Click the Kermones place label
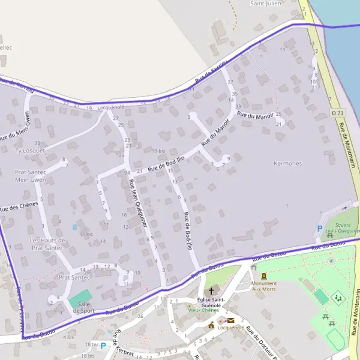tap(287, 163)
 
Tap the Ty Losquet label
tap(29, 151)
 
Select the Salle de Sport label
tap(84, 307)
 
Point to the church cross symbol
tap(211, 290)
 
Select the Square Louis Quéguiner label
tap(342, 227)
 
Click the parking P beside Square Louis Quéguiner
tap(319, 229)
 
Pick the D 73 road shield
tap(337, 113)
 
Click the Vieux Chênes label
tap(203, 310)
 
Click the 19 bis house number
tap(158, 151)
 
